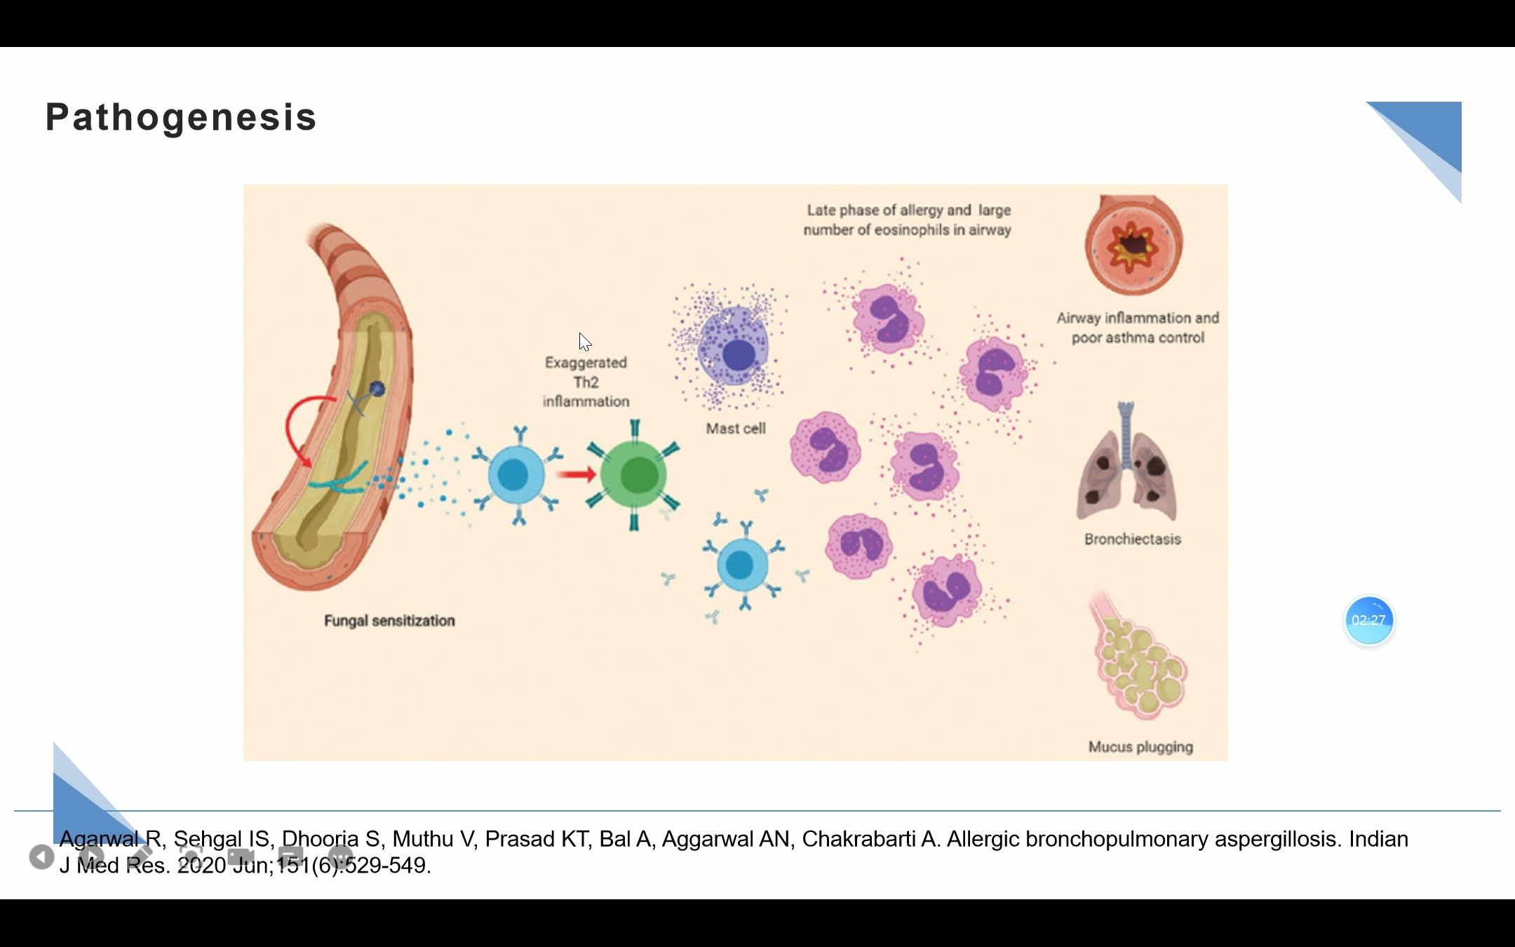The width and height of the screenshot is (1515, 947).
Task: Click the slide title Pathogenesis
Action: click(181, 117)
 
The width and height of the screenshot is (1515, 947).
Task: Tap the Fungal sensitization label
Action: click(389, 621)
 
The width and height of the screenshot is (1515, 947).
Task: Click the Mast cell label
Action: click(735, 429)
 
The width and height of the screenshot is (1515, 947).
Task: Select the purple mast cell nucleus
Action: click(738, 355)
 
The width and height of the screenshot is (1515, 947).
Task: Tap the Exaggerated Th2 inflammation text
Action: click(586, 382)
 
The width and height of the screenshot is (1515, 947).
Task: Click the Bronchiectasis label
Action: click(1132, 539)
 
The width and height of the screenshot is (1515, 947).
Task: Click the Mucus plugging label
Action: click(1140, 747)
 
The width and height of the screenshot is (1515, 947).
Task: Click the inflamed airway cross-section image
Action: click(1133, 245)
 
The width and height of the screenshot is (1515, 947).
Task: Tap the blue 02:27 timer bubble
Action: click(1368, 620)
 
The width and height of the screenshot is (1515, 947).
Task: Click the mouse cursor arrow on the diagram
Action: click(584, 342)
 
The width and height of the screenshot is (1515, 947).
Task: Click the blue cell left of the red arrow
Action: click(516, 475)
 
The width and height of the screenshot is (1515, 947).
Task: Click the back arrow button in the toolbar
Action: click(41, 857)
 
